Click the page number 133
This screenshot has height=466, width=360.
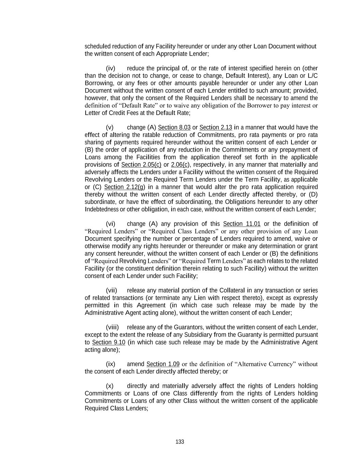point(180,442)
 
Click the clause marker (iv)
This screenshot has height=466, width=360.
point(111,68)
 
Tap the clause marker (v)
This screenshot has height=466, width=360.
point(110,128)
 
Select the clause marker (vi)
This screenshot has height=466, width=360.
point(111,224)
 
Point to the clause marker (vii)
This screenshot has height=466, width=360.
point(111,291)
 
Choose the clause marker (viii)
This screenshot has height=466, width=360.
point(112,327)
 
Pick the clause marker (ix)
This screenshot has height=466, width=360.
point(111,364)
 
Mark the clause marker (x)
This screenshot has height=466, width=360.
point(110,386)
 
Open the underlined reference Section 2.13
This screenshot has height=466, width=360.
point(216,128)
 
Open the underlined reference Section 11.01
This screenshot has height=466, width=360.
point(242,224)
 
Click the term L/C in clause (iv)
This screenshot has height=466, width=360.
point(313,76)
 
